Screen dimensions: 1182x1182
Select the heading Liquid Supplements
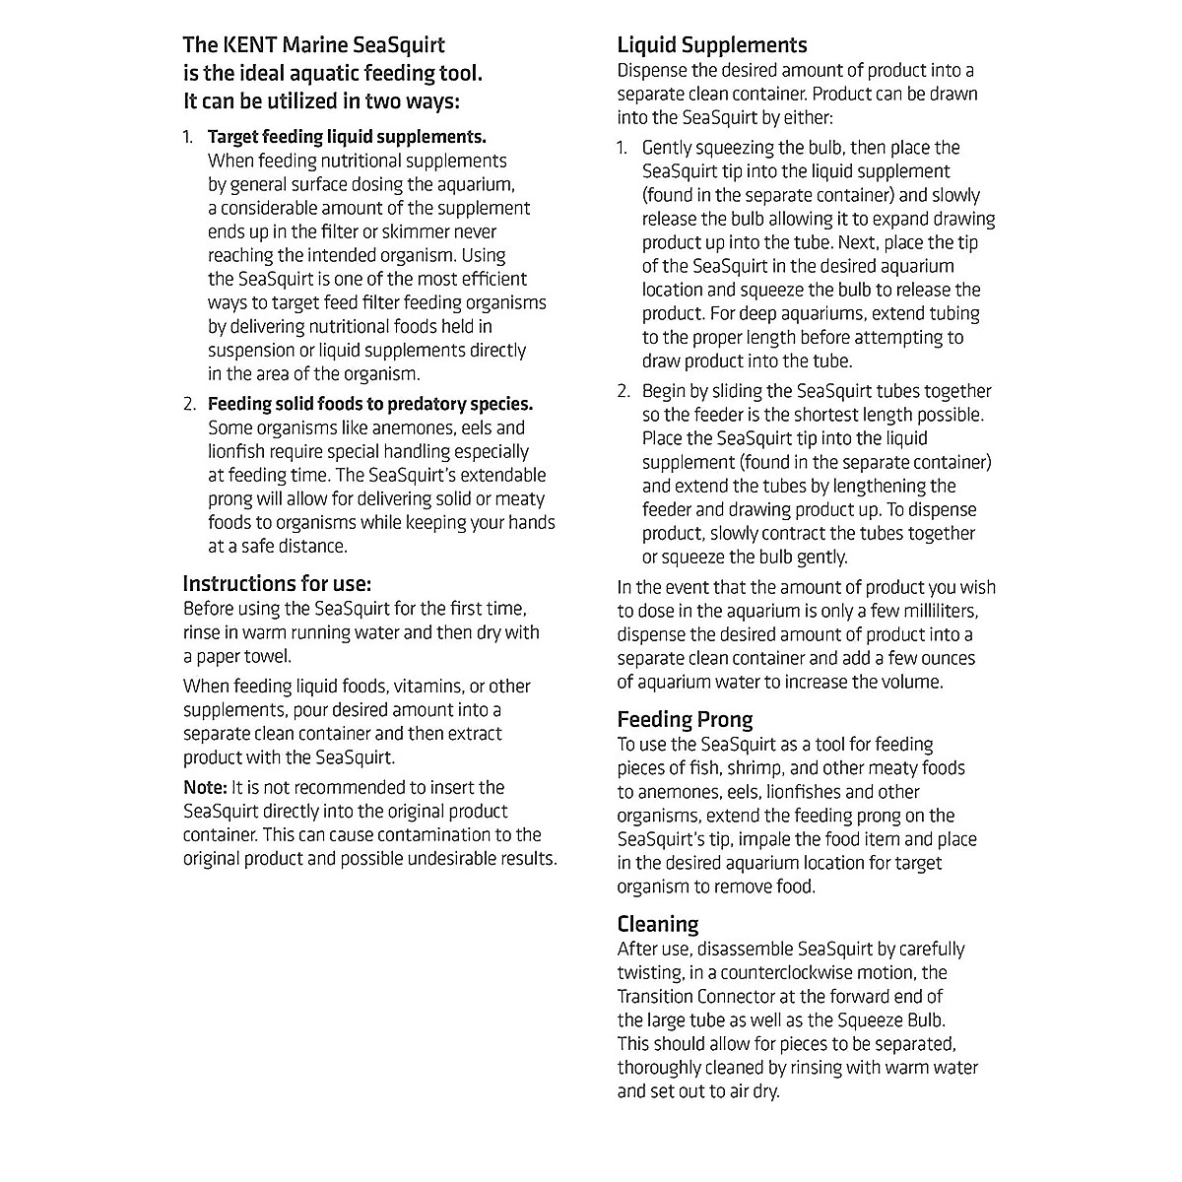pos(711,45)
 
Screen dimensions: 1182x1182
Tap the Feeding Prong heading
pos(685,719)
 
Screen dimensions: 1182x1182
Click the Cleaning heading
pos(657,924)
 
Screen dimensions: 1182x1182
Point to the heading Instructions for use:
pos(277,583)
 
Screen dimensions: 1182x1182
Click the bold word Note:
pos(205,787)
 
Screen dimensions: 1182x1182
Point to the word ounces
pos(945,658)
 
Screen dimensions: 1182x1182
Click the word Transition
pos(655,996)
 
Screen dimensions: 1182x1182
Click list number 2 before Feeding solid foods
pos(189,404)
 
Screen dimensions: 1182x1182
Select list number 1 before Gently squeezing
pos(623,148)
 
